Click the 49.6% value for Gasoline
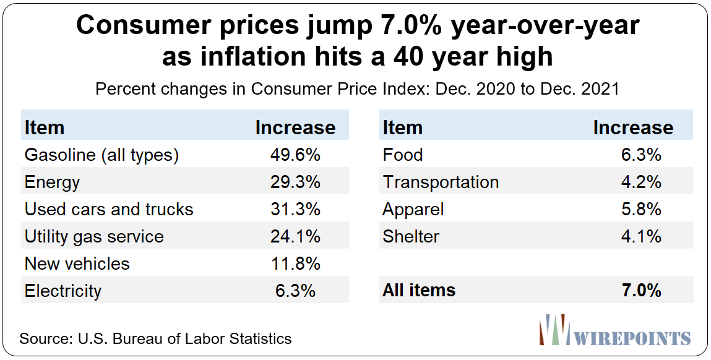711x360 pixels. (295, 155)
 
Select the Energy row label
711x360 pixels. (52, 182)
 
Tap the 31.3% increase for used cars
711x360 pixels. (295, 210)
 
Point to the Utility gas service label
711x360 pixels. (94, 237)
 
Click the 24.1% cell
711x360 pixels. (295, 237)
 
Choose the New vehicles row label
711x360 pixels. (77, 264)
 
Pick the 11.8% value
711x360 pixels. (295, 264)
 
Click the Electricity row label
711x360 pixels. (63, 291)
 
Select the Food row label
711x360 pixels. (403, 155)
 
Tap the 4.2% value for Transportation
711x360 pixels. (641, 182)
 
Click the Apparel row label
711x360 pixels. (413, 210)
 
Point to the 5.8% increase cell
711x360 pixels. (641, 210)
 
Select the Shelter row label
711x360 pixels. (411, 237)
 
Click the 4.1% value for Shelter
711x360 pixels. (641, 237)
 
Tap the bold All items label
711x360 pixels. (419, 290)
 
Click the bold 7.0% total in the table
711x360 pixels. (641, 290)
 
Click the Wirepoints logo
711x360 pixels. (615, 330)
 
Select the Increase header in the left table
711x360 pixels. (295, 127)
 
